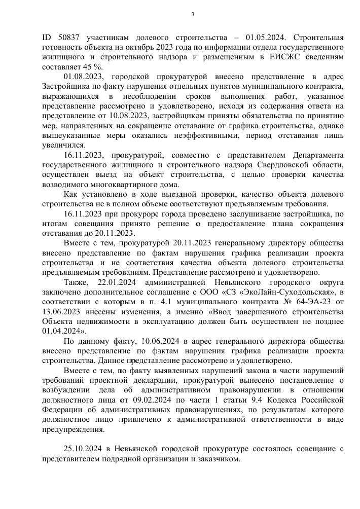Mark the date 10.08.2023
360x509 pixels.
117,125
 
